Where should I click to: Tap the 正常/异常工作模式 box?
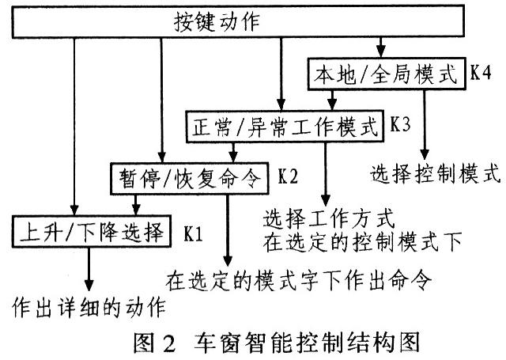tap(286, 126)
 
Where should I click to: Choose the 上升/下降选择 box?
tap(89, 232)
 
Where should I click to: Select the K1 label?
tap(194, 233)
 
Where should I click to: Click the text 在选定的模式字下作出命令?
tap(302, 280)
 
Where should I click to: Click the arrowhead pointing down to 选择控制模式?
tap(426, 152)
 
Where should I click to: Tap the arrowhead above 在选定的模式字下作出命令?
tap(229, 260)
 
